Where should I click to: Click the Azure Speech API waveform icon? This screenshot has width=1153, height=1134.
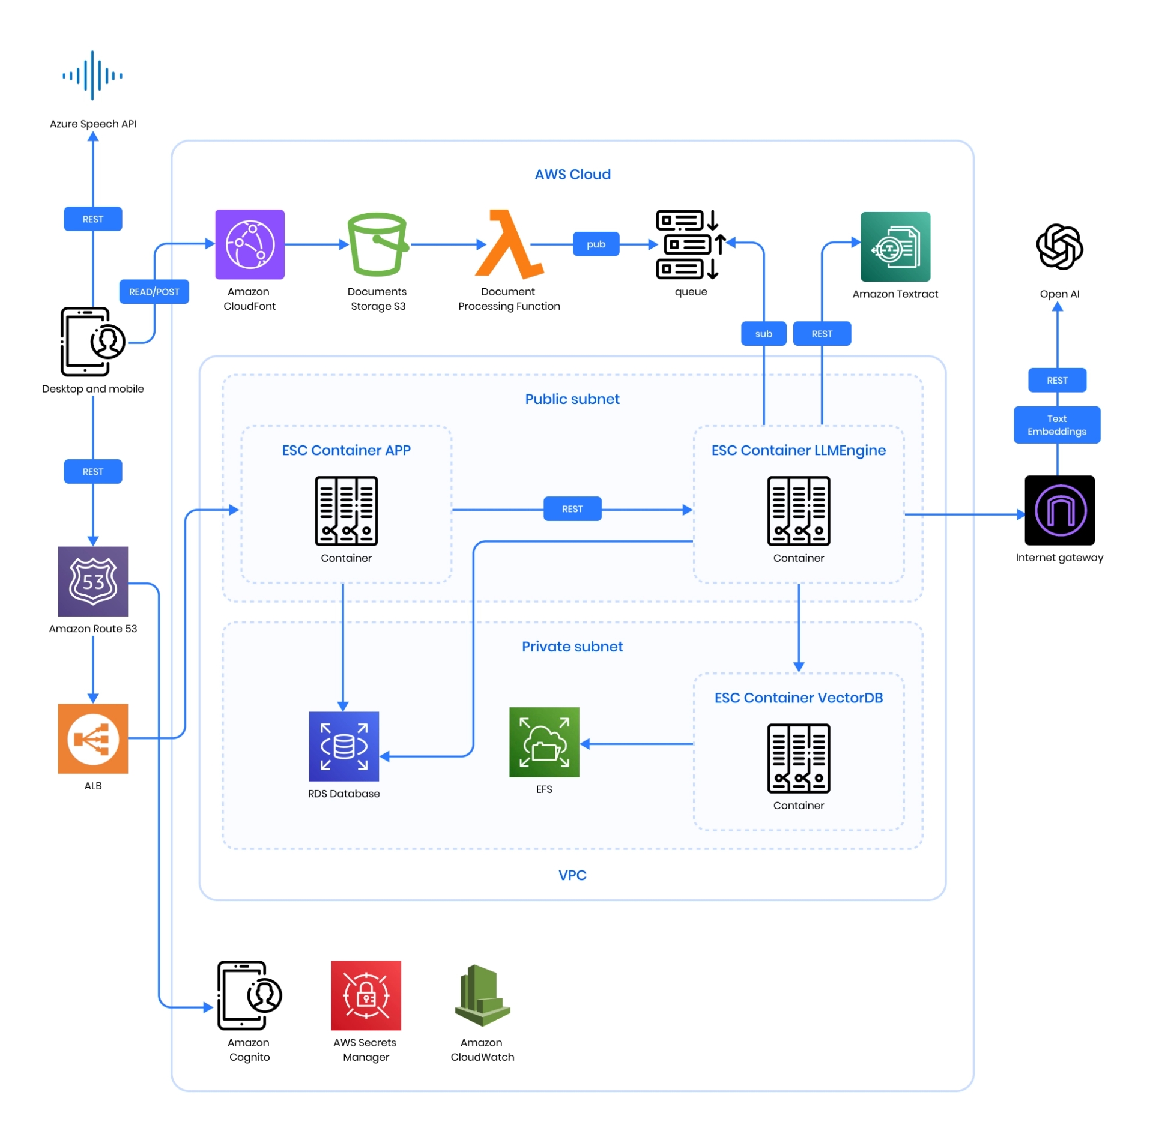92,75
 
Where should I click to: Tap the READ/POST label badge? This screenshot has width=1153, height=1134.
154,292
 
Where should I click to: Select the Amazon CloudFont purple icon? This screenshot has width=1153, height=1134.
250,245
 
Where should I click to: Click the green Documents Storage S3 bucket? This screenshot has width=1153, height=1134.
378,245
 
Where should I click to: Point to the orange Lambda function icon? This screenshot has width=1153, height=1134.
509,245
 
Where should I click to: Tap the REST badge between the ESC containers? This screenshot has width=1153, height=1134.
573,510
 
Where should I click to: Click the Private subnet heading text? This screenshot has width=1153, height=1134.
573,647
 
